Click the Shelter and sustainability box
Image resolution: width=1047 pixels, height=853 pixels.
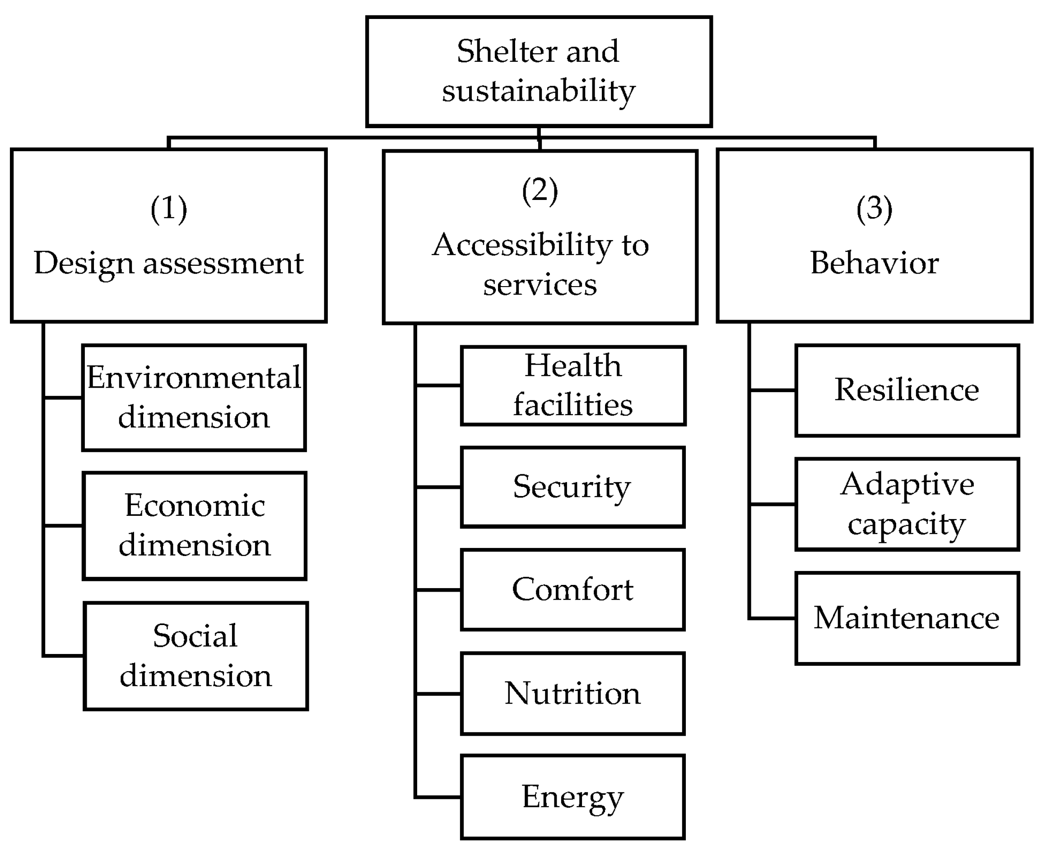(x=539, y=71)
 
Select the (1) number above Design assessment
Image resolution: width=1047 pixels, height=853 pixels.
(x=168, y=209)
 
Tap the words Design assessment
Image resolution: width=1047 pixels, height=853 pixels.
(x=168, y=263)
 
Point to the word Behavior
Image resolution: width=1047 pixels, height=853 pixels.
(x=874, y=263)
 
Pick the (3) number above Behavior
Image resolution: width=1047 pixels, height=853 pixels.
(x=874, y=209)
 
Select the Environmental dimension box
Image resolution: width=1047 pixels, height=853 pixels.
(x=194, y=398)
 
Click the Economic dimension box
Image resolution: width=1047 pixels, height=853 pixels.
(x=195, y=526)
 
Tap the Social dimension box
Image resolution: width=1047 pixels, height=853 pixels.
(x=195, y=655)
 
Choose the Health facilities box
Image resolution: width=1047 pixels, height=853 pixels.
(x=572, y=386)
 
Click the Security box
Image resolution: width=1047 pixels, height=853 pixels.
(x=572, y=487)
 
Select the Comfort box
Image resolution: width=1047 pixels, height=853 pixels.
(x=572, y=589)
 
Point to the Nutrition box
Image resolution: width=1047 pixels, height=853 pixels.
(x=572, y=693)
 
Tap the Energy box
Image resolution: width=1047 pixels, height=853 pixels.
(x=572, y=797)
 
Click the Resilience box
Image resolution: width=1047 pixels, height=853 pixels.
(x=907, y=390)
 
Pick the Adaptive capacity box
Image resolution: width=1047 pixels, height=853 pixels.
(x=907, y=504)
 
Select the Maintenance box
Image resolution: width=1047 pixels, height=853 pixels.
(x=907, y=618)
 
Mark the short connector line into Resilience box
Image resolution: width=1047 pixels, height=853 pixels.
(x=772, y=390)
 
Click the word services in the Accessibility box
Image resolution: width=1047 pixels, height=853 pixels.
(x=540, y=285)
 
